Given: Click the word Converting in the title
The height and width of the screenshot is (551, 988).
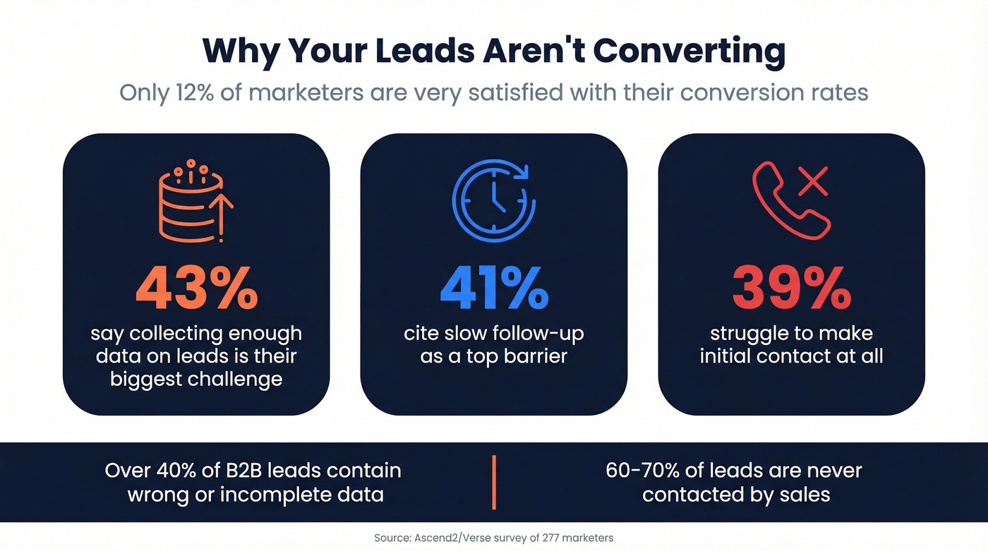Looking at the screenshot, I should point(688,51).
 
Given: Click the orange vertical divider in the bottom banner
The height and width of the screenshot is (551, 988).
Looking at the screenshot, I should point(494,483).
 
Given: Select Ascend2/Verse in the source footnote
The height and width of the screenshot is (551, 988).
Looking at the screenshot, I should point(447,538).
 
